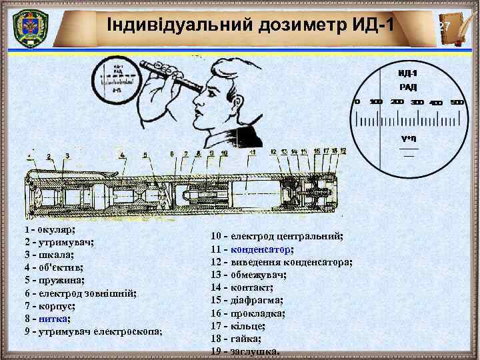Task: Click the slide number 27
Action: point(445,26)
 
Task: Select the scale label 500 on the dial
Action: point(457,103)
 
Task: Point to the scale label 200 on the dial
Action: point(397,102)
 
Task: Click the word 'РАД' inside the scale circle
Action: point(408,87)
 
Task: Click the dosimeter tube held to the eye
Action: point(175,75)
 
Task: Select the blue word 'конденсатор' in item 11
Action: point(261,249)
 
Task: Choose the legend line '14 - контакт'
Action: point(242,287)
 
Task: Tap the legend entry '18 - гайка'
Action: point(236,339)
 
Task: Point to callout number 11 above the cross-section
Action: point(252,153)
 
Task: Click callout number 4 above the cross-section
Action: point(122,155)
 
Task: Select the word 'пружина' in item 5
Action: point(60,280)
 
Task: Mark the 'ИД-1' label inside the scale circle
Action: point(408,72)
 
